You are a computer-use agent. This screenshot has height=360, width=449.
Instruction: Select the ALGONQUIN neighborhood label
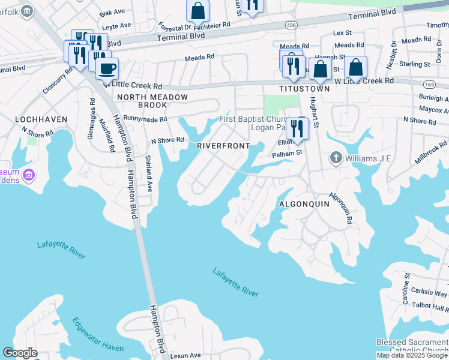[304, 204]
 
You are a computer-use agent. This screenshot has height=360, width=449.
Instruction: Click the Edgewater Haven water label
[97, 335]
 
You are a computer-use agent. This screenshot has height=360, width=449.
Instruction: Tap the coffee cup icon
[107, 68]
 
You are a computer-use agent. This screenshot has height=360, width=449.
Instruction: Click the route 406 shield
[291, 25]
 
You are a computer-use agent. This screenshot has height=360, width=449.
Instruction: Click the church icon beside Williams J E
[336, 158]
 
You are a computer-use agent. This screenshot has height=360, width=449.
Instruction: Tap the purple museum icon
[28, 175]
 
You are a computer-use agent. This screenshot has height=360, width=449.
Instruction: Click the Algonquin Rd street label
[340, 208]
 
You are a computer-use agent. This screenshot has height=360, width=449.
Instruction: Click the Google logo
[20, 353]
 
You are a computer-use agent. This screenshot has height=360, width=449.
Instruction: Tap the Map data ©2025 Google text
[412, 355]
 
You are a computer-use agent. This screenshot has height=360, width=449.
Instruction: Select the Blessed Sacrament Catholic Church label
[412, 346]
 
